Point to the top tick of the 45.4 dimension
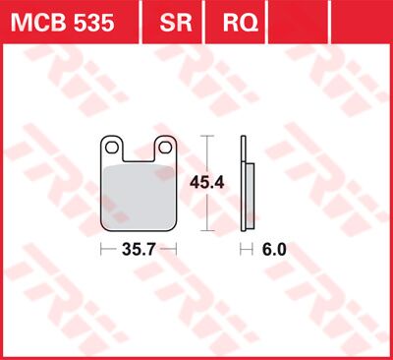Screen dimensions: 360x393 (204, 136)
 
